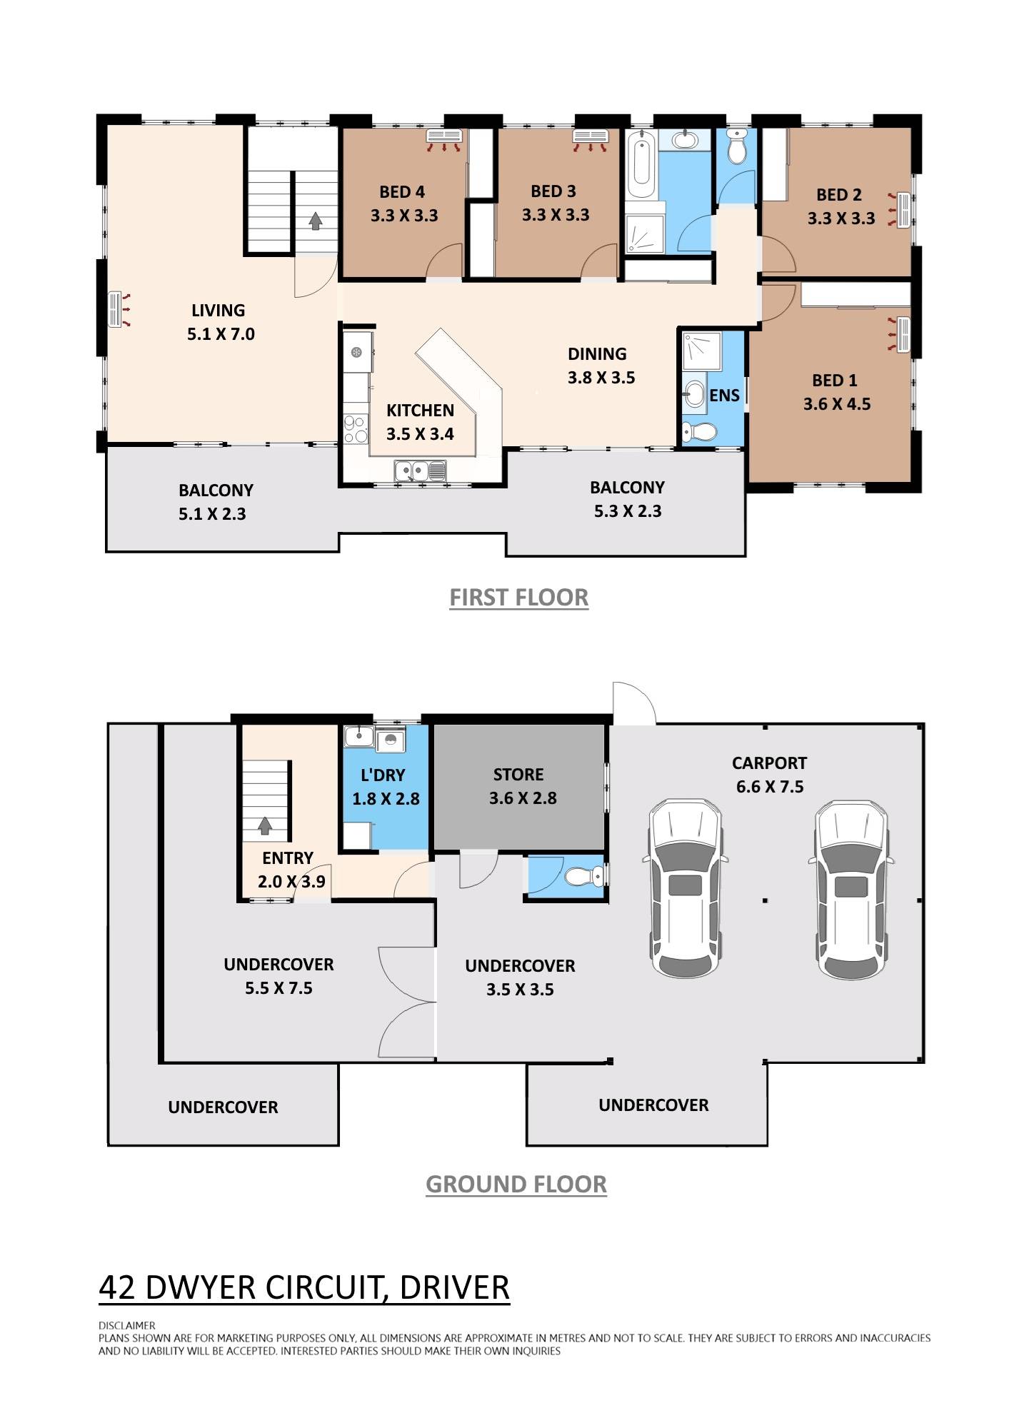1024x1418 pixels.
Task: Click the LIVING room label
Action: (218, 311)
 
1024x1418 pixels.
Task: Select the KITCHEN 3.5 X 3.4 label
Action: (420, 422)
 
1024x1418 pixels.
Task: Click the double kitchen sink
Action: (419, 471)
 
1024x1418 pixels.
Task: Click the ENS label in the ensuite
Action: (724, 396)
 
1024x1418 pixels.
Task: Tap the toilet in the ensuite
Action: (698, 431)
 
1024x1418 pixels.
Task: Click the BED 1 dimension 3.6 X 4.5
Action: (836, 404)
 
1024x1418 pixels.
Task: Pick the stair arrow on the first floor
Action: (315, 221)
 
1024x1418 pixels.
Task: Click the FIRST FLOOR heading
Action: (518, 598)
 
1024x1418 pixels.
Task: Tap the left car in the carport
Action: (685, 887)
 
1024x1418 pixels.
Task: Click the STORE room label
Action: (518, 775)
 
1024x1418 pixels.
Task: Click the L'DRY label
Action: (383, 775)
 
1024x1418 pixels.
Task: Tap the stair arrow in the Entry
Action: (265, 826)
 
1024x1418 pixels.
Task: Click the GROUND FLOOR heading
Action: (516, 1185)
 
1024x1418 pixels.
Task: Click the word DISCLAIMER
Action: (126, 1325)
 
